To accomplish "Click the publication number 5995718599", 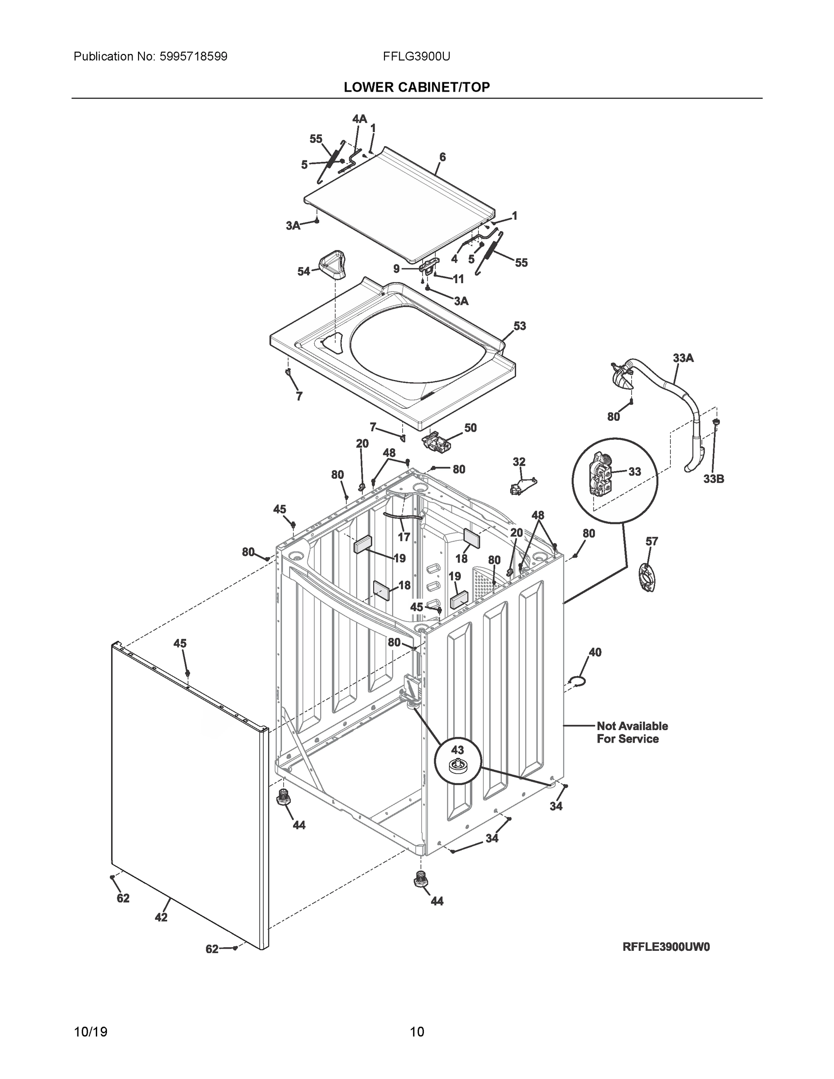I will coord(193,56).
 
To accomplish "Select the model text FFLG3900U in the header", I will coord(416,56).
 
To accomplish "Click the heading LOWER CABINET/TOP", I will coord(416,88).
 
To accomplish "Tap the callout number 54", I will coord(303,271).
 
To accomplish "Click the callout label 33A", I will coord(683,358).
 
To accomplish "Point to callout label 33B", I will coord(714,479).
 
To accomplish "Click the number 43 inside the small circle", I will coord(457,749).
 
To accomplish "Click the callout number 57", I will coord(651,541).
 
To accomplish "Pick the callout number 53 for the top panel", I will coord(520,326).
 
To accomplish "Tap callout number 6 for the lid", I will coord(442,157).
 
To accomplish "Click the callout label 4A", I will coord(359,119).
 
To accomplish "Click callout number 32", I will coord(519,461).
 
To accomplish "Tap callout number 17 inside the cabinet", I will coord(404,536).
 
